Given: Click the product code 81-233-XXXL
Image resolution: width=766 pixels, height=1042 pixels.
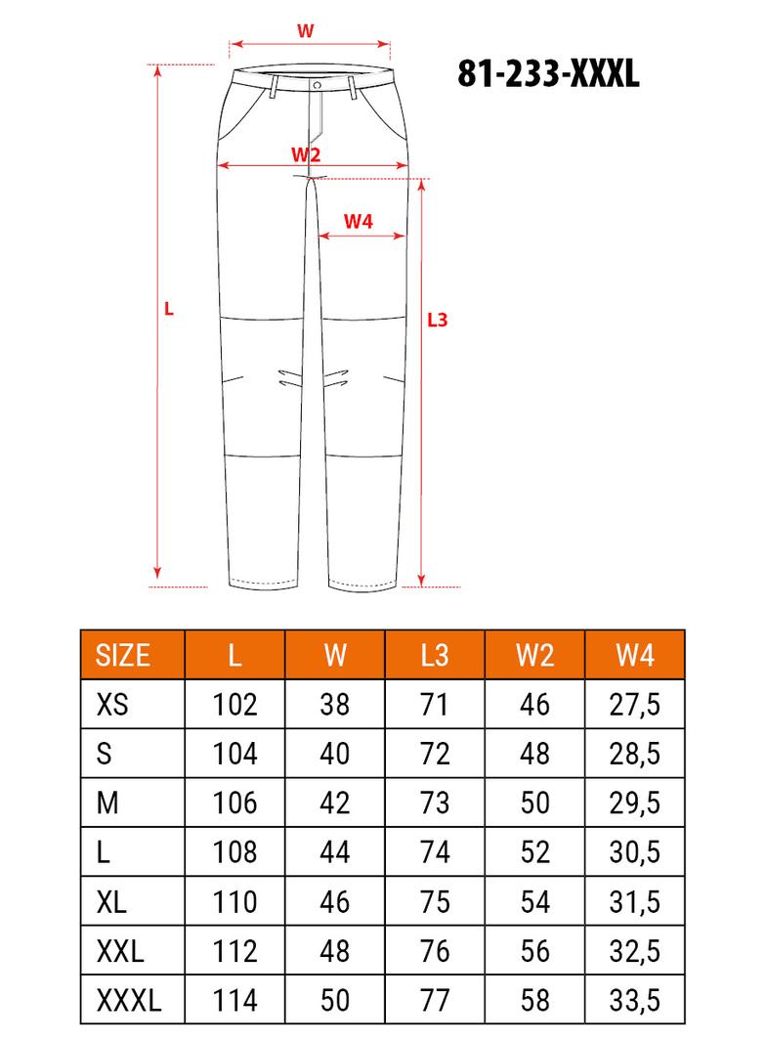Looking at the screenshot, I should click(x=548, y=74).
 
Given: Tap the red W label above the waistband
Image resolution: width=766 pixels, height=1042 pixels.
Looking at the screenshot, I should click(x=306, y=30).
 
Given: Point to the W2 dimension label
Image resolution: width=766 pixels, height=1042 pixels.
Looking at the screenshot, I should click(x=306, y=154).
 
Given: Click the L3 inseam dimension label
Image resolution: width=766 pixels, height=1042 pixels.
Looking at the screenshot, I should click(x=438, y=319).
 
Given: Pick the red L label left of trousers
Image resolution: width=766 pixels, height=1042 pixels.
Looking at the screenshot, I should click(x=169, y=308).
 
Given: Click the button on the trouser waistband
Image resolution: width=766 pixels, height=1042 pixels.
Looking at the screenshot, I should click(x=318, y=86).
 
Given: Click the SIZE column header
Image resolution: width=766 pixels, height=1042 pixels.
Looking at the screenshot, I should click(x=123, y=655).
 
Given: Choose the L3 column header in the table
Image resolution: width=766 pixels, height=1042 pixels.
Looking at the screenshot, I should click(x=435, y=655).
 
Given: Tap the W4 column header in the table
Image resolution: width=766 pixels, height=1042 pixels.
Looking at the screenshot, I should click(x=635, y=655).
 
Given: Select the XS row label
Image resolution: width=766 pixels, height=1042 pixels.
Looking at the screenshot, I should click(x=113, y=704).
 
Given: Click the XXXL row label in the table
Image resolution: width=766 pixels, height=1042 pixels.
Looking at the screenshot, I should click(x=129, y=1000).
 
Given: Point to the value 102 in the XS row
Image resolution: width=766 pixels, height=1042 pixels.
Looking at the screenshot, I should click(x=234, y=704).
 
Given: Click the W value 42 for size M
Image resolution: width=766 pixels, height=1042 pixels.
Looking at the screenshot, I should click(x=335, y=803).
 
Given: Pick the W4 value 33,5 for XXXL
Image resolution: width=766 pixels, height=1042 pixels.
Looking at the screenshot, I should click(x=635, y=1000).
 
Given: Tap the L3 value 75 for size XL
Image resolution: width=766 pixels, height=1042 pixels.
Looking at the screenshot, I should click(x=435, y=901).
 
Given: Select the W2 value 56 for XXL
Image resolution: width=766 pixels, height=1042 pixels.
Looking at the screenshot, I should click(x=535, y=950).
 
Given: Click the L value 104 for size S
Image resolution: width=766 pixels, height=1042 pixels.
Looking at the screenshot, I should click(x=234, y=753).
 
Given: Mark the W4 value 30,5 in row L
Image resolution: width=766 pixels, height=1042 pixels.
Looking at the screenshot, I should click(x=635, y=851).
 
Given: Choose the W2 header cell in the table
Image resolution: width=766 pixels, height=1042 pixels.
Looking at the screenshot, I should click(x=535, y=655).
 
